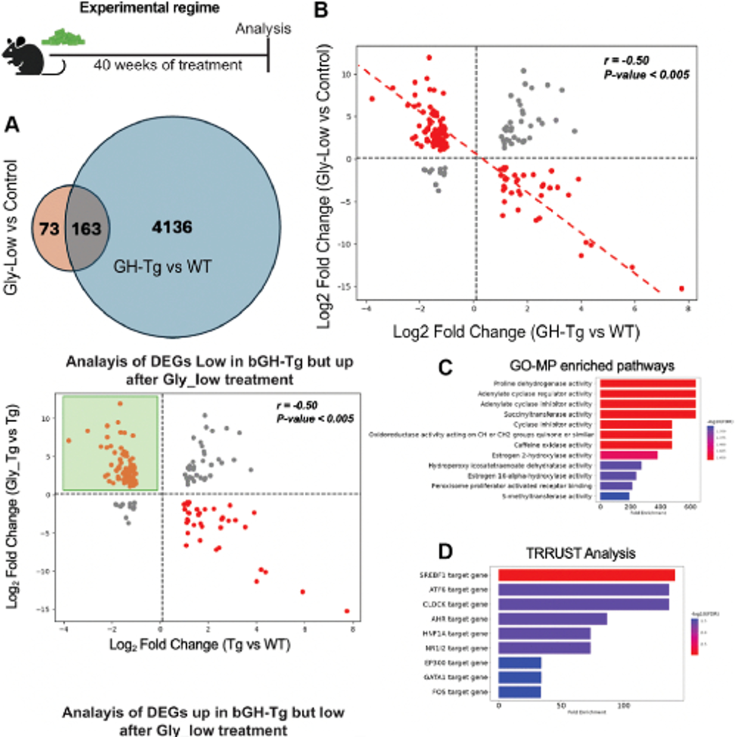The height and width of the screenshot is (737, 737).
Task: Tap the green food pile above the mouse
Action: pyautogui.click(x=63, y=37)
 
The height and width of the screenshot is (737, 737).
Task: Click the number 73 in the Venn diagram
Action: pyautogui.click(x=49, y=229)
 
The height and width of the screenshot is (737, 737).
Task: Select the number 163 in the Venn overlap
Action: pyautogui.click(x=86, y=229)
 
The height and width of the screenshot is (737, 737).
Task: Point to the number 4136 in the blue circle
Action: pyautogui.click(x=172, y=227)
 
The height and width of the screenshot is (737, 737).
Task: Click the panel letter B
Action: pyautogui.click(x=320, y=10)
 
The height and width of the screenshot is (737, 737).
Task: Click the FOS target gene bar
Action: pyautogui.click(x=520, y=692)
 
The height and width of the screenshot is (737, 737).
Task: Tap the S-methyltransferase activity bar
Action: pyautogui.click(x=615, y=496)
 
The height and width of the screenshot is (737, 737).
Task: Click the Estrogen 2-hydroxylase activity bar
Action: pyautogui.click(x=628, y=455)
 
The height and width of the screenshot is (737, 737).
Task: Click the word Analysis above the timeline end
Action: pyautogui.click(x=263, y=28)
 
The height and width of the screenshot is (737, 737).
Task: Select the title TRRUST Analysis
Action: pyautogui.click(x=581, y=553)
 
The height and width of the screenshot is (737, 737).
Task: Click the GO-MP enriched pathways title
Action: pyautogui.click(x=592, y=366)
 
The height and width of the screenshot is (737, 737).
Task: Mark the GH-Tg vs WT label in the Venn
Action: pyautogui.click(x=162, y=266)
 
